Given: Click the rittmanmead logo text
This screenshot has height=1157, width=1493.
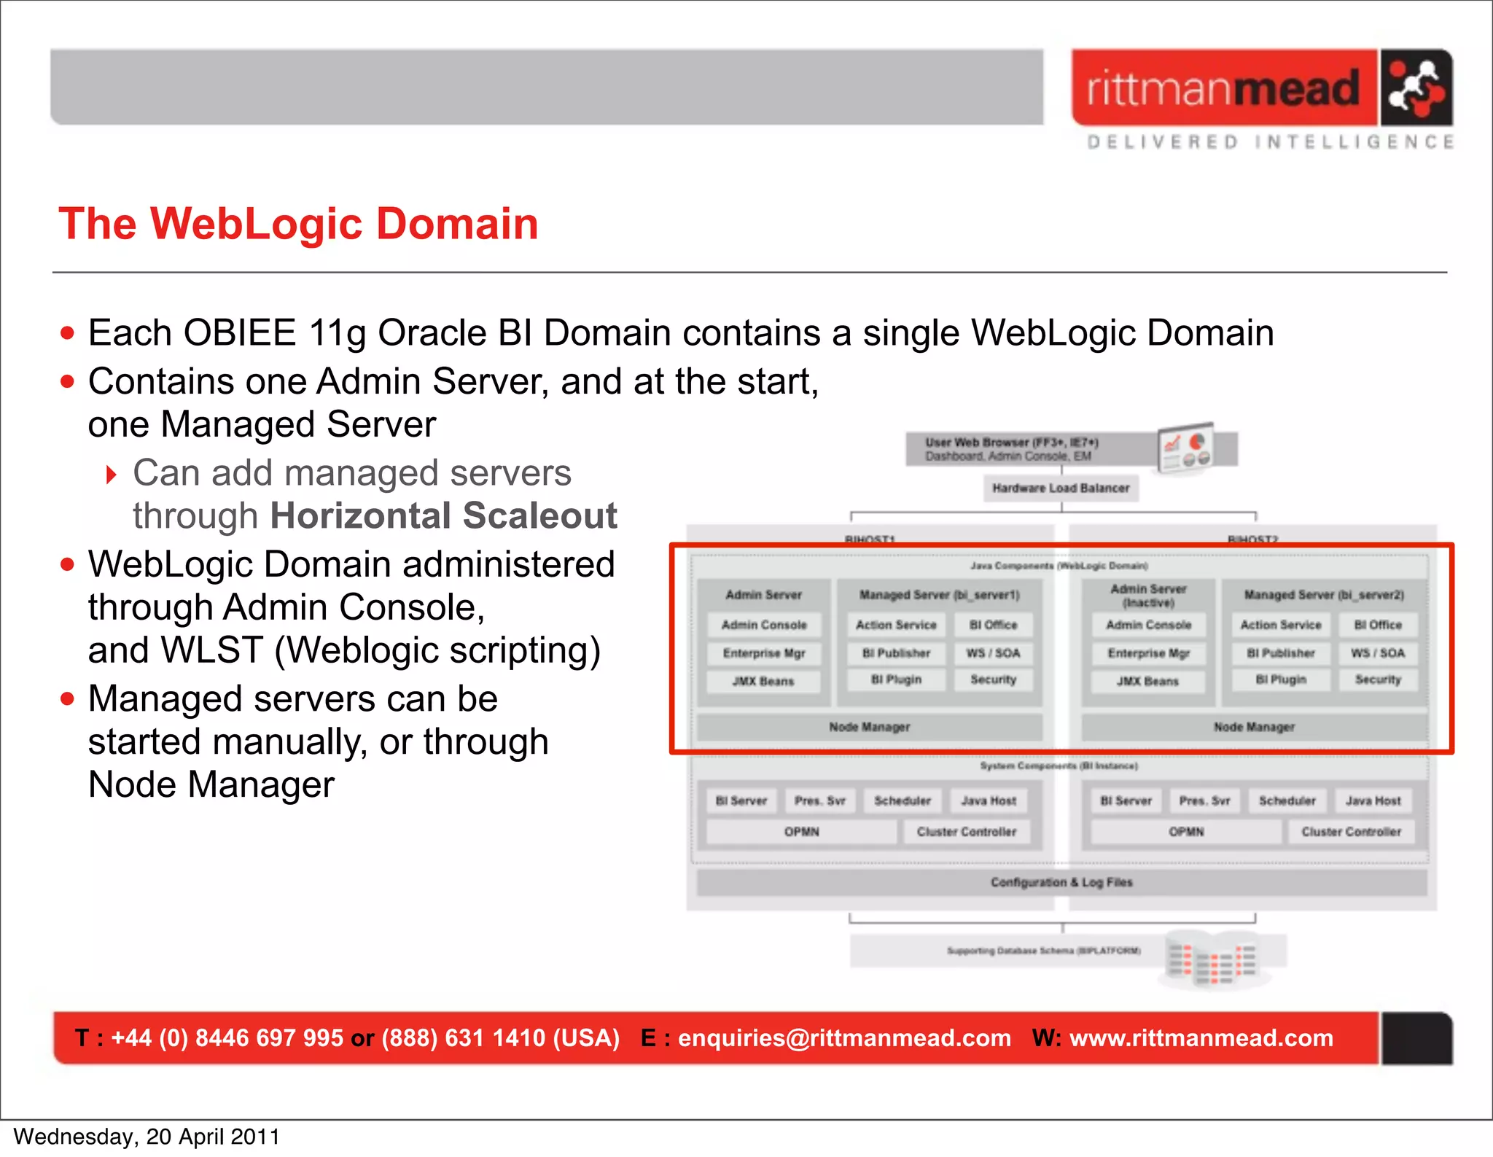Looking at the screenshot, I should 1223,89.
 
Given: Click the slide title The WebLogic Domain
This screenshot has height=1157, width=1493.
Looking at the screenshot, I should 298,223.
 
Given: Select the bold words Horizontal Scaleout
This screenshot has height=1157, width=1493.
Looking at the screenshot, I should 443,516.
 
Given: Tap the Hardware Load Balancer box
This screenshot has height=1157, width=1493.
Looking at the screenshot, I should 1061,488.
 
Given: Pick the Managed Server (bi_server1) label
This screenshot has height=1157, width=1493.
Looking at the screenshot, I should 939,595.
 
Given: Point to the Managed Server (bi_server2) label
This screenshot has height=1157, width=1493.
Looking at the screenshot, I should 1324,595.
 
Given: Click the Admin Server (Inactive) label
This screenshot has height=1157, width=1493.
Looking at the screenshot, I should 1148,596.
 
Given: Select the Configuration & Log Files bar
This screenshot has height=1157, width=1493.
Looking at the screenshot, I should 1061,882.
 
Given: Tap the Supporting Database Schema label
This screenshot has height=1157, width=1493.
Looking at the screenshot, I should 1043,951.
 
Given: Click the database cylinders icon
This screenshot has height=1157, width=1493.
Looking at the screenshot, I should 1213,959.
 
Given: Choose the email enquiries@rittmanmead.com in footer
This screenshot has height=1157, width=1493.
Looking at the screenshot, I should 844,1037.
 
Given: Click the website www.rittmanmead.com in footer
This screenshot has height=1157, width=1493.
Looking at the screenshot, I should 1201,1037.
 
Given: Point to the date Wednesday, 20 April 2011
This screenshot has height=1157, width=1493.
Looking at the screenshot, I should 147,1137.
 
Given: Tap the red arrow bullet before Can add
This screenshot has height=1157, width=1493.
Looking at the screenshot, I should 112,475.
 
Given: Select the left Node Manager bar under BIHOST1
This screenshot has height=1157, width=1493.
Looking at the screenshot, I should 869,727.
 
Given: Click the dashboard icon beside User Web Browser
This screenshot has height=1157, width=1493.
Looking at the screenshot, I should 1186,448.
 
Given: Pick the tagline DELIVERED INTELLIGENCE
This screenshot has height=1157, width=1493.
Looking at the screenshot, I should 1271,141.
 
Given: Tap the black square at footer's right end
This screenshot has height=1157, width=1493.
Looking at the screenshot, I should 1416,1038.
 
